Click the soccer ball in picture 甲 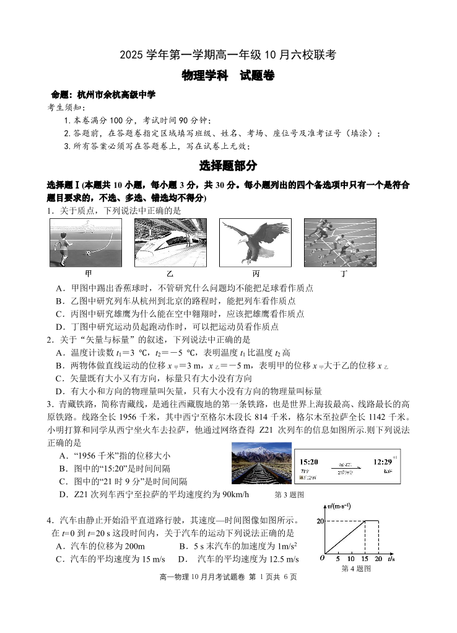click(x=89, y=253)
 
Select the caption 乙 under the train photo click(x=170, y=273)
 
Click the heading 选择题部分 click(x=228, y=166)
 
